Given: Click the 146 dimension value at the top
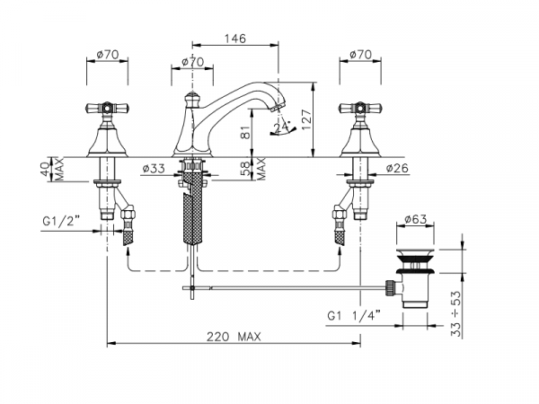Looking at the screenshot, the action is [235, 38].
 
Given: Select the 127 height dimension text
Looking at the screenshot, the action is [306, 119].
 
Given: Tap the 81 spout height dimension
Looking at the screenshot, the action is [245, 132].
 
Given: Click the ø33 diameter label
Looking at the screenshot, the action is [154, 169].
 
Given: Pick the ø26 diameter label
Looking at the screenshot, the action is [397, 168].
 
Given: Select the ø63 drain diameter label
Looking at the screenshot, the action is [415, 219].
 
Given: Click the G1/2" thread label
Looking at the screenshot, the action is [61, 221].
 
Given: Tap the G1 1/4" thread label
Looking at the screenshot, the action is [354, 315].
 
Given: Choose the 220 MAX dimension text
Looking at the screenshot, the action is [234, 337].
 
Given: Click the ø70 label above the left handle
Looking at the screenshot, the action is [108, 54].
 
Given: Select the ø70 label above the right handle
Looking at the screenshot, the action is [360, 54].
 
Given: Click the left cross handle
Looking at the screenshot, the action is [107, 109].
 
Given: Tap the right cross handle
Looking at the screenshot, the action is [360, 109].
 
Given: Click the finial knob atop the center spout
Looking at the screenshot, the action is [192, 99].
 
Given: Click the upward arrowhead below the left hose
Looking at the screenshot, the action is [128, 252].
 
